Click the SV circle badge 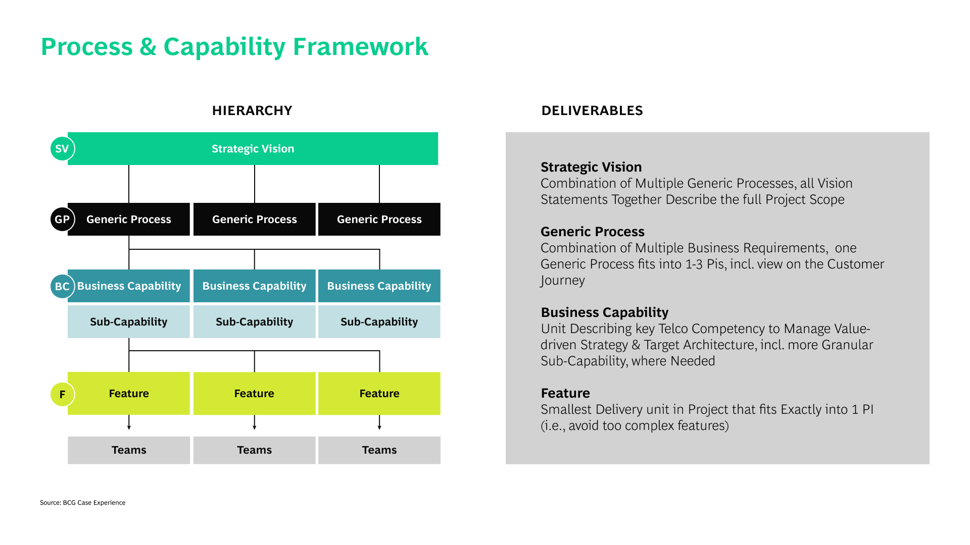(x=62, y=149)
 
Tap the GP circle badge (x=62, y=220)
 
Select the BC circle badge (x=62, y=286)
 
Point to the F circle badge (x=62, y=394)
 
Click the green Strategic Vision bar (x=253, y=149)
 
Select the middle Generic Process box (x=255, y=220)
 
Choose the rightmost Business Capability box (x=379, y=286)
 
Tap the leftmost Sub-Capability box (x=129, y=322)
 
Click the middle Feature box (x=255, y=394)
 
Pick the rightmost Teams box (x=379, y=450)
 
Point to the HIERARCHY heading (x=252, y=111)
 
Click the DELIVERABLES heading (x=592, y=111)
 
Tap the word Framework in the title (x=360, y=47)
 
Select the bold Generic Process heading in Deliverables (x=593, y=232)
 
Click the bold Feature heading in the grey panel (x=565, y=393)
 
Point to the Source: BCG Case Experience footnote (x=83, y=503)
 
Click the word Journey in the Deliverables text (x=562, y=280)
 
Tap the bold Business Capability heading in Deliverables (x=605, y=312)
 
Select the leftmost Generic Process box (x=129, y=220)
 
